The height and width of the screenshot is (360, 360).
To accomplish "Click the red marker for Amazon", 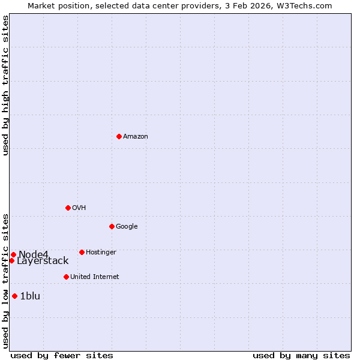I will click(119, 136).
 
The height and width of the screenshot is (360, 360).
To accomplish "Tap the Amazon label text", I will click(136, 137).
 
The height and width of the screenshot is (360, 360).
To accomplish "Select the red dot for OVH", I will click(68, 208).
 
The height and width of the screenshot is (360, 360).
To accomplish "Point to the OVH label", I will click(79, 208).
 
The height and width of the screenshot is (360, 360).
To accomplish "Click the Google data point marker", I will click(112, 226).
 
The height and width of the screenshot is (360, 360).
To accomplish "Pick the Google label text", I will click(127, 227).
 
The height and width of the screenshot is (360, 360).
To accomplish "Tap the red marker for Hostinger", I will click(82, 252).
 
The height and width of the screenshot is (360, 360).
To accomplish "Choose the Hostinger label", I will click(101, 253).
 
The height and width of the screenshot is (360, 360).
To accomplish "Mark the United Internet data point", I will click(66, 277).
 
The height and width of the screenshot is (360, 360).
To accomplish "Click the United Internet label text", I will click(95, 277).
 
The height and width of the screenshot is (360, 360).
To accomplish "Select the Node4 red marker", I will click(13, 254).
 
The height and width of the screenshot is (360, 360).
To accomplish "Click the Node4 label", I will click(33, 254).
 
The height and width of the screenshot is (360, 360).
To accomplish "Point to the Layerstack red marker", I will click(11, 260).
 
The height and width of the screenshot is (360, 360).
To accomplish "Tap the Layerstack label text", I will click(43, 261).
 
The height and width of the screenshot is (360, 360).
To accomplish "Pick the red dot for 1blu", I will click(14, 296).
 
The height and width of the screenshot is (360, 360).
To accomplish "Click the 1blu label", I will click(30, 296).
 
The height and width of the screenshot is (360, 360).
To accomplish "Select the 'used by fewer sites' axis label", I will click(62, 355).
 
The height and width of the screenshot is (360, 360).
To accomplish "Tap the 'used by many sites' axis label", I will click(301, 355).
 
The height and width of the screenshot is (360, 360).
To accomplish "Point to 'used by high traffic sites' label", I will click(5, 85).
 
